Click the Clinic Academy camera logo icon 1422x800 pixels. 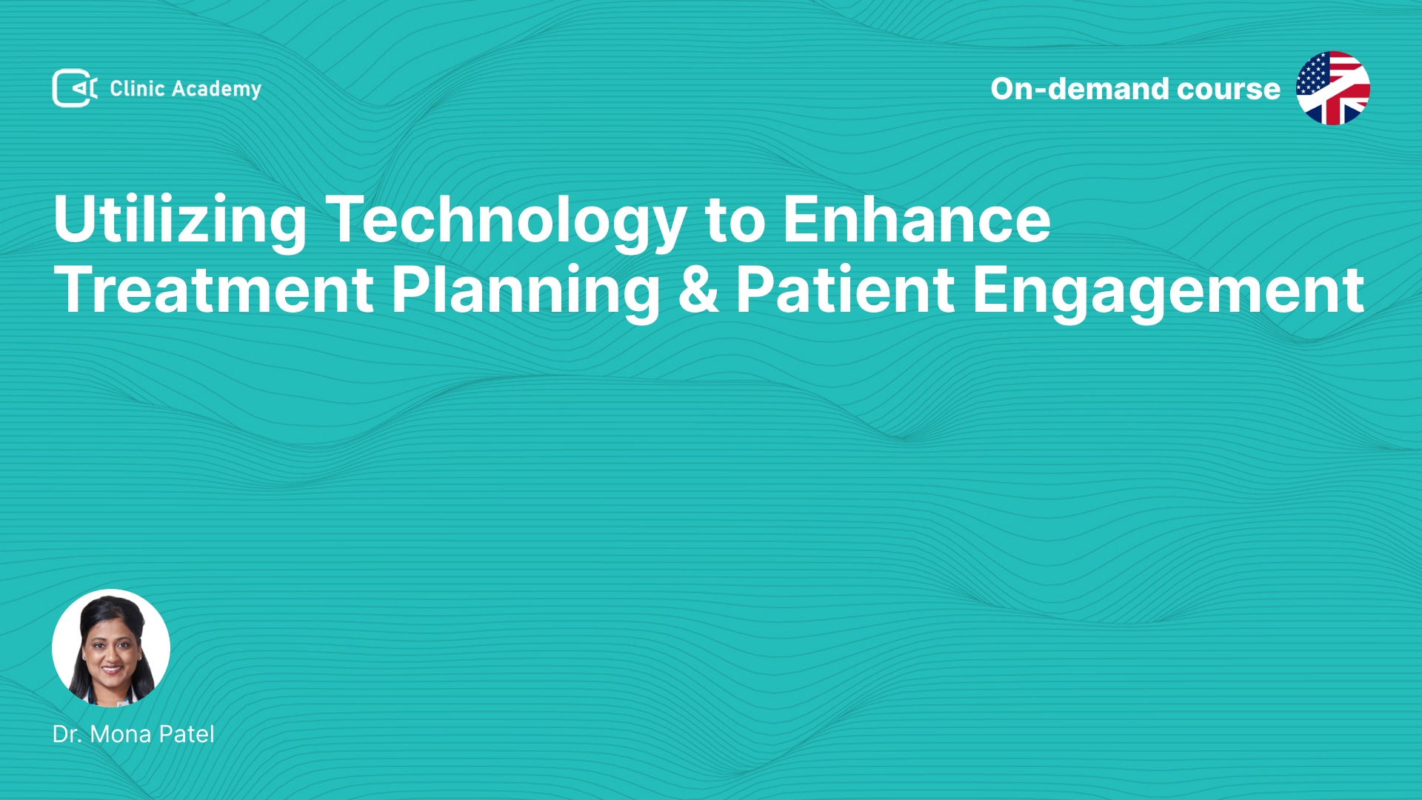[75, 88]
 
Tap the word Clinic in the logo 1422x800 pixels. [137, 88]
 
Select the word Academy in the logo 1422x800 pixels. [216, 90]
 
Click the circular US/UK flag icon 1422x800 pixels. [1333, 88]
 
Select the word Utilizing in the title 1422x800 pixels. [180, 221]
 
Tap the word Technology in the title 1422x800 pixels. [506, 221]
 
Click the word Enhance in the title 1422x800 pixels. [917, 219]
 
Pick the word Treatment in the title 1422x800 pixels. [213, 290]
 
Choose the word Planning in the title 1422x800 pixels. [525, 292]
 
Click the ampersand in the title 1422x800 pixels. [698, 290]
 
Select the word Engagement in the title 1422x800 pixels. [1168, 292]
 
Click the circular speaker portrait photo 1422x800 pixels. [111, 648]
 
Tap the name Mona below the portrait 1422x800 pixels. [121, 734]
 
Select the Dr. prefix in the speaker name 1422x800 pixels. [67, 734]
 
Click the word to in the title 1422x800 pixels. [735, 221]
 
